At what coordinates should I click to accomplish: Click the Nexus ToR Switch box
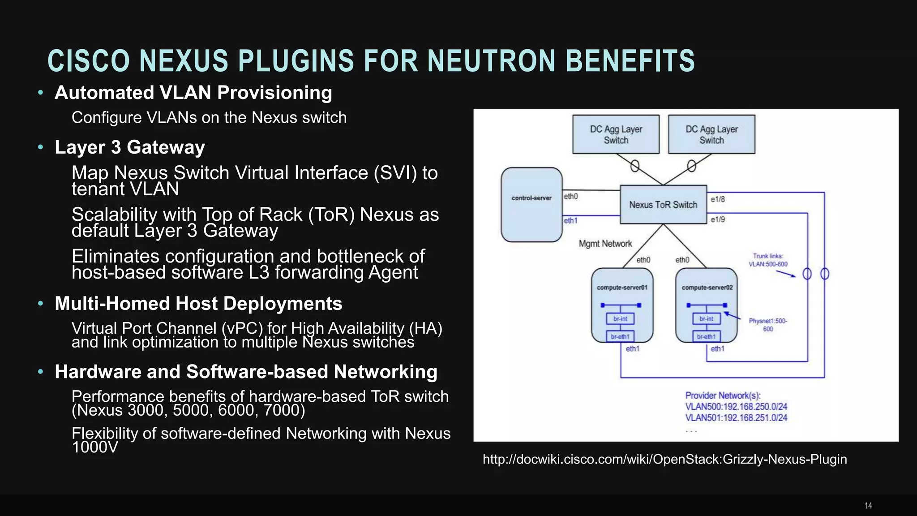click(x=663, y=205)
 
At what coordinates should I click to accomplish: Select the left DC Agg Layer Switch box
click(x=616, y=134)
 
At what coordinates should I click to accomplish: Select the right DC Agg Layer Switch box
click(x=711, y=134)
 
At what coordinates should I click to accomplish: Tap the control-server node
click(x=531, y=205)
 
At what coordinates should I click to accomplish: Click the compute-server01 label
click(x=622, y=288)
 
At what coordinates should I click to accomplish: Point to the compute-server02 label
click(x=707, y=288)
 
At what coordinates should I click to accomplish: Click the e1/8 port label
click(x=718, y=199)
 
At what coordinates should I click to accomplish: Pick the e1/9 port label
click(x=718, y=219)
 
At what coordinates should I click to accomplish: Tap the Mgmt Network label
click(x=605, y=244)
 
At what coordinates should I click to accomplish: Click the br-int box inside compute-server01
click(x=620, y=319)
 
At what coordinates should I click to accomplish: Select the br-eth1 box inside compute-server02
click(x=706, y=337)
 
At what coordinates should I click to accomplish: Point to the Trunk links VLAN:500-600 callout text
click(x=768, y=260)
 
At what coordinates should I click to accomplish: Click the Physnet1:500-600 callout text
click(x=768, y=325)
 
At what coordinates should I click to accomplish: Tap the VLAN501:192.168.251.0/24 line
click(x=736, y=417)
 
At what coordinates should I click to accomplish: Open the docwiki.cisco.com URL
click(x=664, y=460)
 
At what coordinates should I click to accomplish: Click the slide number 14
click(x=868, y=506)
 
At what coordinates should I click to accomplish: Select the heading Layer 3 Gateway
click(x=130, y=147)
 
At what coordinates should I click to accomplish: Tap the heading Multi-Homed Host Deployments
click(x=198, y=304)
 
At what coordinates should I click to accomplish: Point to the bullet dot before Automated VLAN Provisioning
click(x=41, y=93)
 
